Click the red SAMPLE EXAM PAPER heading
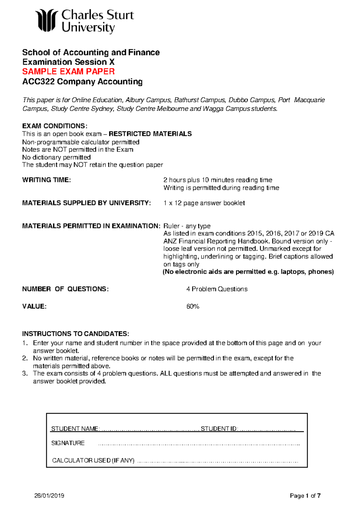(68, 72)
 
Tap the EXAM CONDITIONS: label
(55, 126)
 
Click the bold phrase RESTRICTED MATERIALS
(150, 134)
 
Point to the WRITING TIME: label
(46, 180)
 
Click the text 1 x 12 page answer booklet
(204, 203)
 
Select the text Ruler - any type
(187, 226)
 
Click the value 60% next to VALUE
(193, 306)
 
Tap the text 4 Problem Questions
(217, 289)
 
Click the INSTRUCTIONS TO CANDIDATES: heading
(76, 334)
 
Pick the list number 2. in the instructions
(25, 358)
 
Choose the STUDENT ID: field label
(219, 429)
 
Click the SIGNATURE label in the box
(68, 443)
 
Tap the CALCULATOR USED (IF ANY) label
(93, 460)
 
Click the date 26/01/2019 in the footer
(49, 496)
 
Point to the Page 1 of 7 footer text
(305, 496)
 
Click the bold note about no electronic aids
(248, 272)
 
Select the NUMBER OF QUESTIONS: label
(65, 289)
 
